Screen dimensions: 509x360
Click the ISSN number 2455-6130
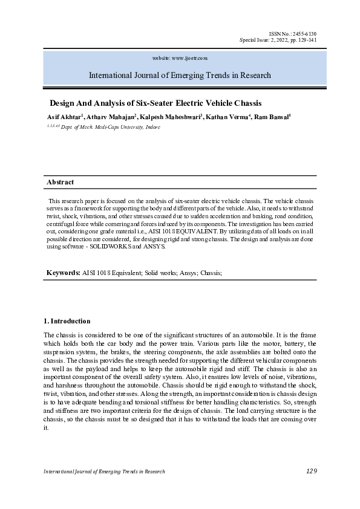[304, 33]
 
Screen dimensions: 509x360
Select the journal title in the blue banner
[180, 76]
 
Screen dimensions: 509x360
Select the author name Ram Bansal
[272, 116]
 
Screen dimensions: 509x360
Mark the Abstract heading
[61, 182]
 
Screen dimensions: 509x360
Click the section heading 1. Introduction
[68, 321]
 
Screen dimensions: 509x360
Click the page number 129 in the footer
[310, 471]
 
